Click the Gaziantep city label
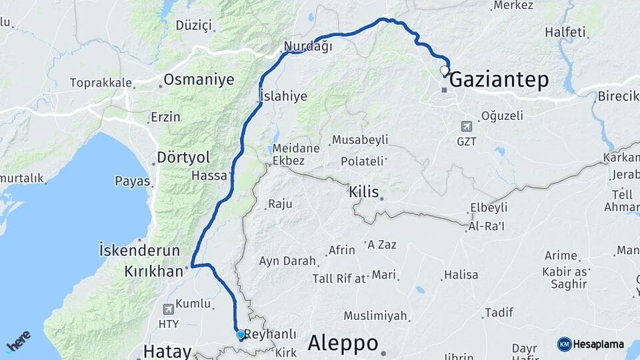click(x=499, y=81)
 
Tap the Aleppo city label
click(x=343, y=343)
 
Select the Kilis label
click(x=363, y=192)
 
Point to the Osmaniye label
click(x=199, y=80)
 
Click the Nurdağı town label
click(x=307, y=47)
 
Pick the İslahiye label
click(x=283, y=96)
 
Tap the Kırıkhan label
click(x=153, y=271)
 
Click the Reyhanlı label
click(x=270, y=334)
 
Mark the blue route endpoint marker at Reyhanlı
click(x=240, y=334)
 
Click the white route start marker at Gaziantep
click(x=445, y=70)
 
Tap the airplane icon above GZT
click(x=467, y=125)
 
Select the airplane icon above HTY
click(x=168, y=309)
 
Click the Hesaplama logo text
click(x=598, y=344)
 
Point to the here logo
click(x=19, y=342)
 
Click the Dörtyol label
click(x=183, y=158)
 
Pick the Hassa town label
click(x=209, y=176)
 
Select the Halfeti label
click(x=565, y=31)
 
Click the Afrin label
click(x=342, y=251)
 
